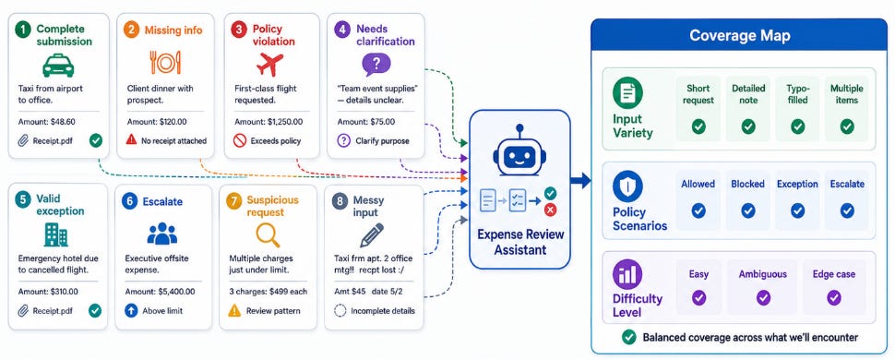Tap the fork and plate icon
165,62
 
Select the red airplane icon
270,64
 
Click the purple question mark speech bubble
376,65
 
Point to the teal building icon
55,234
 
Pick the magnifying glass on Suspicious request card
268,234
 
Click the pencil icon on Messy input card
372,234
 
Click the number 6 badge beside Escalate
129,201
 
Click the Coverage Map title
740,36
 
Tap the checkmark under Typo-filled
797,126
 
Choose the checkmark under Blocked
747,210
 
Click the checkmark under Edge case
834,298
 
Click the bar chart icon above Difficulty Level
627,274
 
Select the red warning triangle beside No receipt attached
131,140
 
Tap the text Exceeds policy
276,140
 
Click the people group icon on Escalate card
162,234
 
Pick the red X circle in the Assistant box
550,210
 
